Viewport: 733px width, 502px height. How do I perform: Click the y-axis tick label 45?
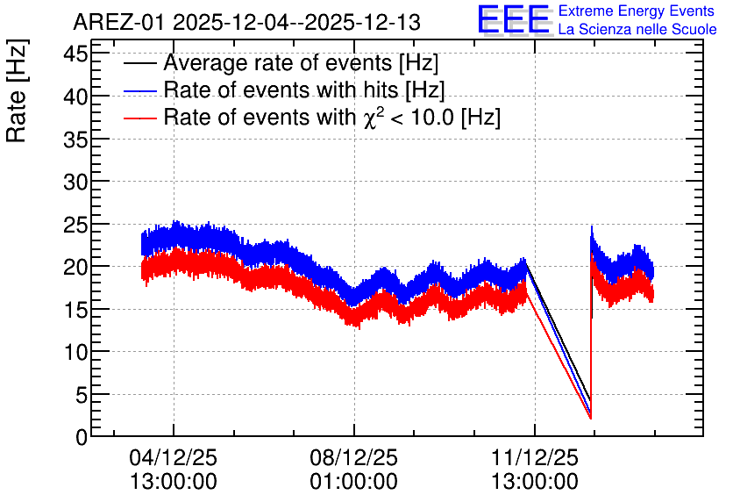[75, 54]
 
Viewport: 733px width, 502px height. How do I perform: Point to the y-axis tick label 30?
[75, 182]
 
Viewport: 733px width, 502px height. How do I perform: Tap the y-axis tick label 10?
[75, 352]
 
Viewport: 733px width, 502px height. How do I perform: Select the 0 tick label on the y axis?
[82, 437]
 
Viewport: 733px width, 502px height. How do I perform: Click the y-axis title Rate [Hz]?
[17, 91]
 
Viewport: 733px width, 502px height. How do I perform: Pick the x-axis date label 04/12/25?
[174, 457]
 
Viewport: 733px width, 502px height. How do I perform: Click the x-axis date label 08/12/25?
[354, 457]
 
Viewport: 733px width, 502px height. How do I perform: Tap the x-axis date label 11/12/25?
[535, 457]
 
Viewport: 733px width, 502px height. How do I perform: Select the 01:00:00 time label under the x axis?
[354, 482]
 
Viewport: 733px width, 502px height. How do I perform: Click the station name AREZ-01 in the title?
[118, 22]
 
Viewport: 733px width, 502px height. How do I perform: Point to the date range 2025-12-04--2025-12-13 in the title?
[297, 22]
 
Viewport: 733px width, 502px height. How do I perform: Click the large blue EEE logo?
[514, 20]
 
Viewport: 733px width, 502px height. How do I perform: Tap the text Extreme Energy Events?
[637, 11]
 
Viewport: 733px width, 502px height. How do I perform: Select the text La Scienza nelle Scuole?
[637, 29]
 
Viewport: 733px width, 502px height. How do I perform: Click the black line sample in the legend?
[139, 63]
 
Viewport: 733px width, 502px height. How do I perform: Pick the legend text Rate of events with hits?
[284, 90]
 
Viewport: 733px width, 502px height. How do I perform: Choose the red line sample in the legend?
[139, 118]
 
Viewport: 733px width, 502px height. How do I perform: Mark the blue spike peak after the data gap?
[592, 227]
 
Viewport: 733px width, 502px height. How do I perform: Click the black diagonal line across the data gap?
[559, 331]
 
